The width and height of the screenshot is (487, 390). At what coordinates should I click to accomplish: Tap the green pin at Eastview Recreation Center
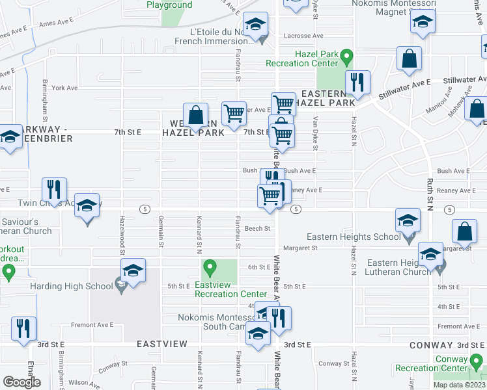point(210,266)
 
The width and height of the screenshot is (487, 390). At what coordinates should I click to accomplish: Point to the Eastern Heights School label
point(354,237)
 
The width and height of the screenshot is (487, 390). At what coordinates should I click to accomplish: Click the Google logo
point(21,382)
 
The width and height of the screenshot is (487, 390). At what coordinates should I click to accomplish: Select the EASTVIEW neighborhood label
point(161,344)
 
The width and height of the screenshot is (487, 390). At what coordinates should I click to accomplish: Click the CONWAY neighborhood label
point(432,345)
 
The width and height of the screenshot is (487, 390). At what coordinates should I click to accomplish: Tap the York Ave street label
point(64,88)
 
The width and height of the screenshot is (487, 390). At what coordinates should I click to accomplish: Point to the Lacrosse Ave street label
point(304,36)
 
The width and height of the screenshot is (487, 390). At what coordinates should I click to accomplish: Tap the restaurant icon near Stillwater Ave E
point(357,82)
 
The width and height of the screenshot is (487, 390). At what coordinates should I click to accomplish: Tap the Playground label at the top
point(169,5)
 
